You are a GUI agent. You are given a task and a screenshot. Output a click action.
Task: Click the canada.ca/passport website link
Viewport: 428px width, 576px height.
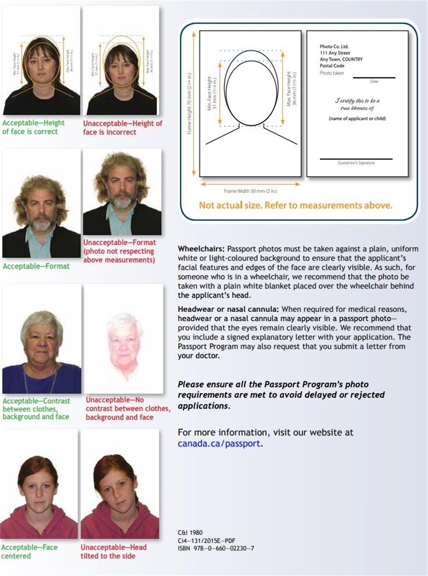(x=219, y=443)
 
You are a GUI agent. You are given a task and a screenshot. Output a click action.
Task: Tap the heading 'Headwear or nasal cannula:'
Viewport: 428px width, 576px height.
(x=228, y=309)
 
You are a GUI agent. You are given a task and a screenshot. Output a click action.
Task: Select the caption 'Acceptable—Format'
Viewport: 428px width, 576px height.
(x=36, y=266)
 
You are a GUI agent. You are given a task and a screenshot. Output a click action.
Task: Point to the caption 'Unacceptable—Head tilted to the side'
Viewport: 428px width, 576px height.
(x=113, y=551)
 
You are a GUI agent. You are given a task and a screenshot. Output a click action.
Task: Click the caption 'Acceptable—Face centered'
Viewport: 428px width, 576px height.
(x=29, y=551)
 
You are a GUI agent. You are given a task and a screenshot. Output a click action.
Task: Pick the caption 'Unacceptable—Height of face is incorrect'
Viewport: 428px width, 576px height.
(x=122, y=127)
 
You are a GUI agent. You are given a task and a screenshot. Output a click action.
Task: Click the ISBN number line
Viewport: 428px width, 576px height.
(x=216, y=548)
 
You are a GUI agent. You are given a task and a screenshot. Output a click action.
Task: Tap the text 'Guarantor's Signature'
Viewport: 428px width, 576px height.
(x=356, y=163)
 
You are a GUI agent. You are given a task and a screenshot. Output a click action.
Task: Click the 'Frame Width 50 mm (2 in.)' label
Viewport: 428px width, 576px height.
(x=250, y=191)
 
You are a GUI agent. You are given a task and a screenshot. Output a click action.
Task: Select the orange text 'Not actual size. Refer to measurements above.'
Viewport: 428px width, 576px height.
(x=296, y=205)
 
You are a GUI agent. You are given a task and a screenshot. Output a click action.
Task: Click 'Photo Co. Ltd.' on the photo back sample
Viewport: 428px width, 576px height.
(x=334, y=46)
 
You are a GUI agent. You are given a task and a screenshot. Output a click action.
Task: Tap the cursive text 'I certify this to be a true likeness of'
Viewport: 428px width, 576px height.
(x=357, y=104)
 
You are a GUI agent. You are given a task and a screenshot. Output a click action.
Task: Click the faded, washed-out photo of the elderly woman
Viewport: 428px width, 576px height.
(x=123, y=339)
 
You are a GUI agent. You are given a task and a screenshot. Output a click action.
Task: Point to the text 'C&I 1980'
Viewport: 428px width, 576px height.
(x=190, y=533)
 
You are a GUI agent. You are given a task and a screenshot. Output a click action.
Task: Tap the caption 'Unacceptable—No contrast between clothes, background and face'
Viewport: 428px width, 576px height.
(x=127, y=408)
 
